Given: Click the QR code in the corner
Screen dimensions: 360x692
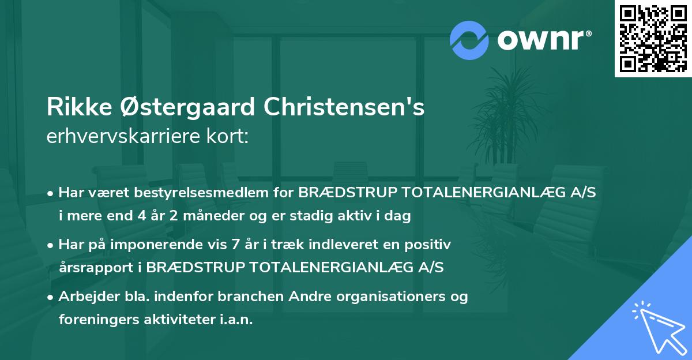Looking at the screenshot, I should pos(653,39).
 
